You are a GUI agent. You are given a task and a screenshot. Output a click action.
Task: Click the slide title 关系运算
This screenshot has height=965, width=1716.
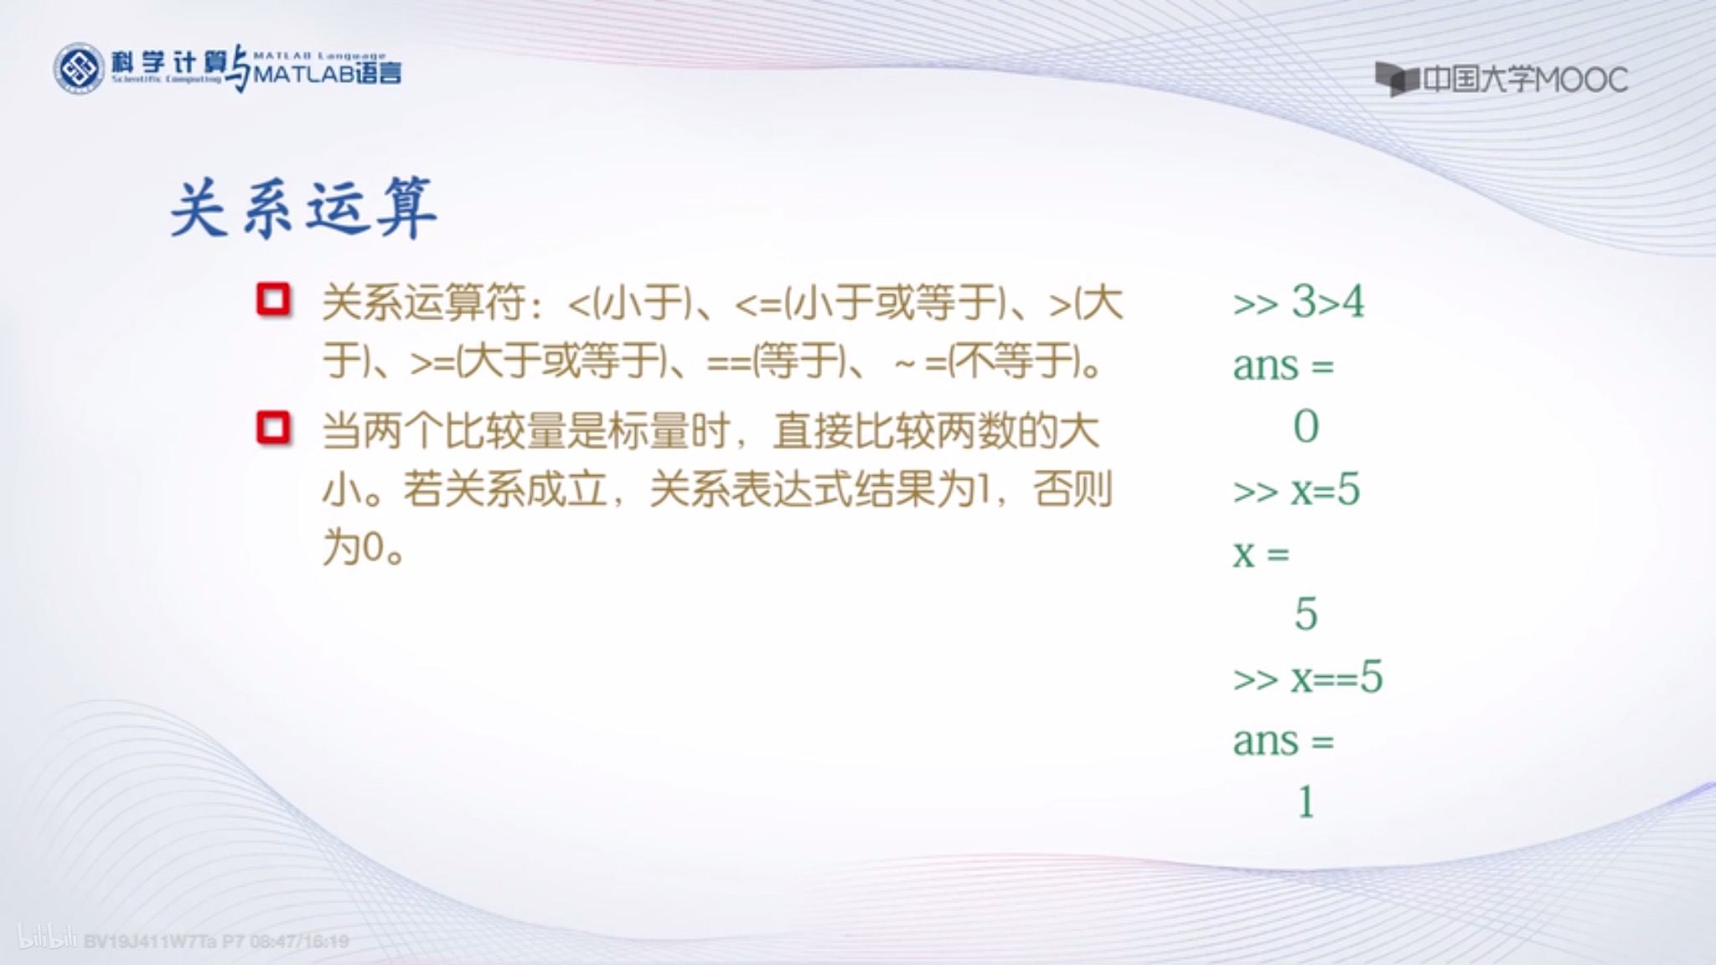303,208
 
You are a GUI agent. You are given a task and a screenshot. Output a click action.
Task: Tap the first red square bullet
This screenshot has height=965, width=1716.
274,300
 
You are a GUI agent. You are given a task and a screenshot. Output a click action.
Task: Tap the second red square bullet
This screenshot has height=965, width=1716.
274,428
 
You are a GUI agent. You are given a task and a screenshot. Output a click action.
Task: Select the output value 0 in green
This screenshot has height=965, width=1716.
1305,426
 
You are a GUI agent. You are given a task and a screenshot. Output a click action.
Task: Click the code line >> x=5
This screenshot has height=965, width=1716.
1295,490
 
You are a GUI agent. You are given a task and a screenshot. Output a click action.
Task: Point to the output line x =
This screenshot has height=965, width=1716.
1260,554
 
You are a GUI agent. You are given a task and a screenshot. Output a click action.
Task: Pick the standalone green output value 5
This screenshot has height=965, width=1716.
1305,614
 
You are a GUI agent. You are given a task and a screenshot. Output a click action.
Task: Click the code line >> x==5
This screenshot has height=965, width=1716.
1307,678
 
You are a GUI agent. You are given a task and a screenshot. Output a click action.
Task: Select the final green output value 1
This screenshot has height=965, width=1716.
1305,802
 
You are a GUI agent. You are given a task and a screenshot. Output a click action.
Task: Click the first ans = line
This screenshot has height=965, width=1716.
1282,365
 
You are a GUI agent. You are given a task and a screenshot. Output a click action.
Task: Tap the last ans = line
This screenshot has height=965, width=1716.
1282,741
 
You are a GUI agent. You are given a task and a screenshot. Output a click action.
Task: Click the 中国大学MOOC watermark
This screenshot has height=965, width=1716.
1501,80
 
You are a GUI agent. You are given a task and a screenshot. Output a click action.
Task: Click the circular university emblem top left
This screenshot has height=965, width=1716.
79,69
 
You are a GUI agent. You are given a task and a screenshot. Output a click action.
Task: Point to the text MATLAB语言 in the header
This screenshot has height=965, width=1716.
327,74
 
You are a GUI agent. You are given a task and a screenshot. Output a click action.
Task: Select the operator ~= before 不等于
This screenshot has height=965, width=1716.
920,364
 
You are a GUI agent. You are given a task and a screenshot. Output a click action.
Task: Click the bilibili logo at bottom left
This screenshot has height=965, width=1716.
47,938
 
